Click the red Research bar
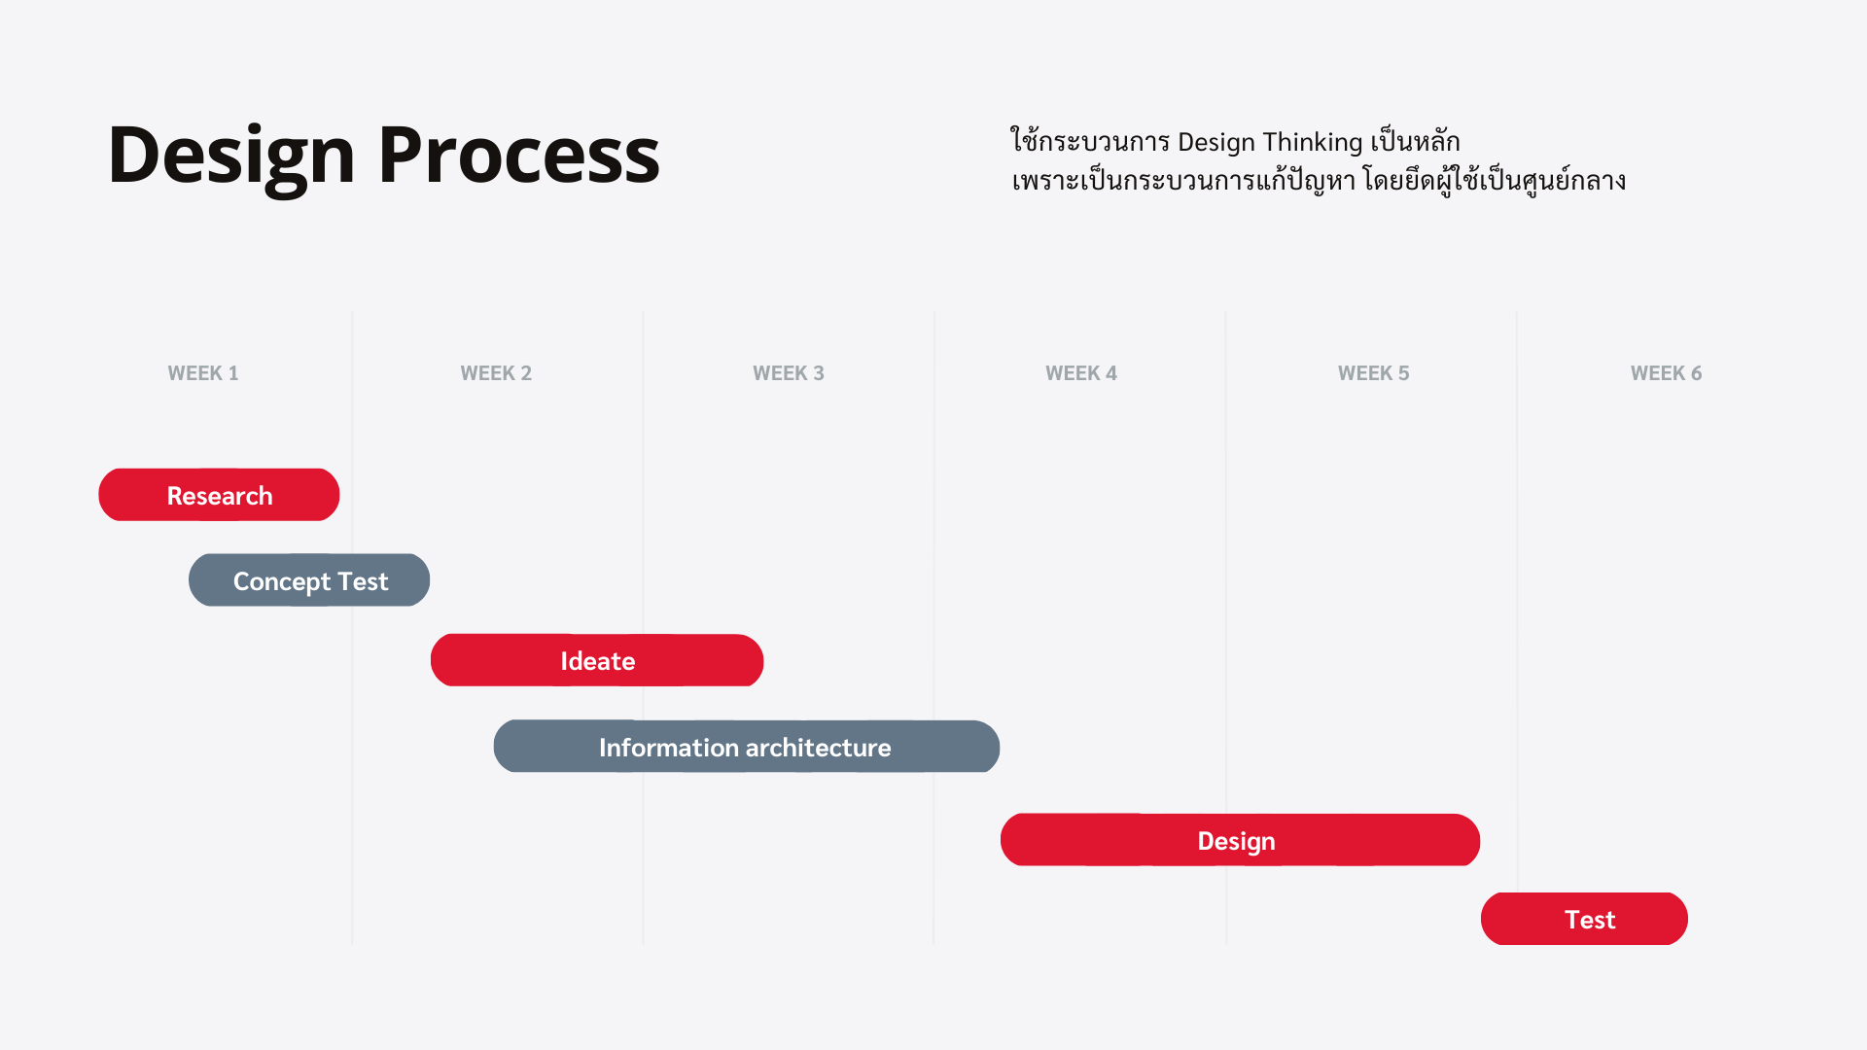click(219, 495)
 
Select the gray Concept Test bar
click(309, 580)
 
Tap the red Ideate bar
click(597, 660)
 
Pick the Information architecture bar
click(747, 747)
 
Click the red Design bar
click(1240, 840)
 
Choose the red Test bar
click(1584, 919)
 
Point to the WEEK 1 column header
click(203, 373)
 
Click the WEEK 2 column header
click(496, 373)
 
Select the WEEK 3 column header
click(789, 373)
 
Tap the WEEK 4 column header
click(1081, 373)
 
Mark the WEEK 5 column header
click(1374, 373)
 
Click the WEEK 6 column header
click(1667, 373)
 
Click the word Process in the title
click(519, 155)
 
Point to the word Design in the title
click(232, 157)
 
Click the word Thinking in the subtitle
click(1313, 142)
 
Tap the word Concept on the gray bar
click(282, 582)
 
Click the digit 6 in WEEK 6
click(1696, 373)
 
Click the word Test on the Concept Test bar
click(364, 581)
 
